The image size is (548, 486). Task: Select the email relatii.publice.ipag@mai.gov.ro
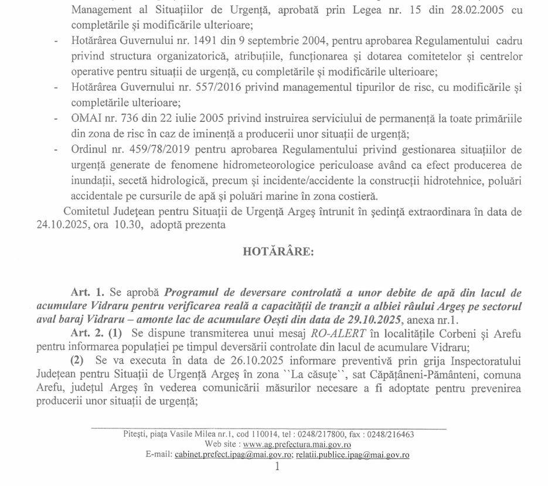click(352, 454)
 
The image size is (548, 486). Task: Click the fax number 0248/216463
click(389, 434)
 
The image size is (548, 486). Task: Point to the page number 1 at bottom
click(277, 467)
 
